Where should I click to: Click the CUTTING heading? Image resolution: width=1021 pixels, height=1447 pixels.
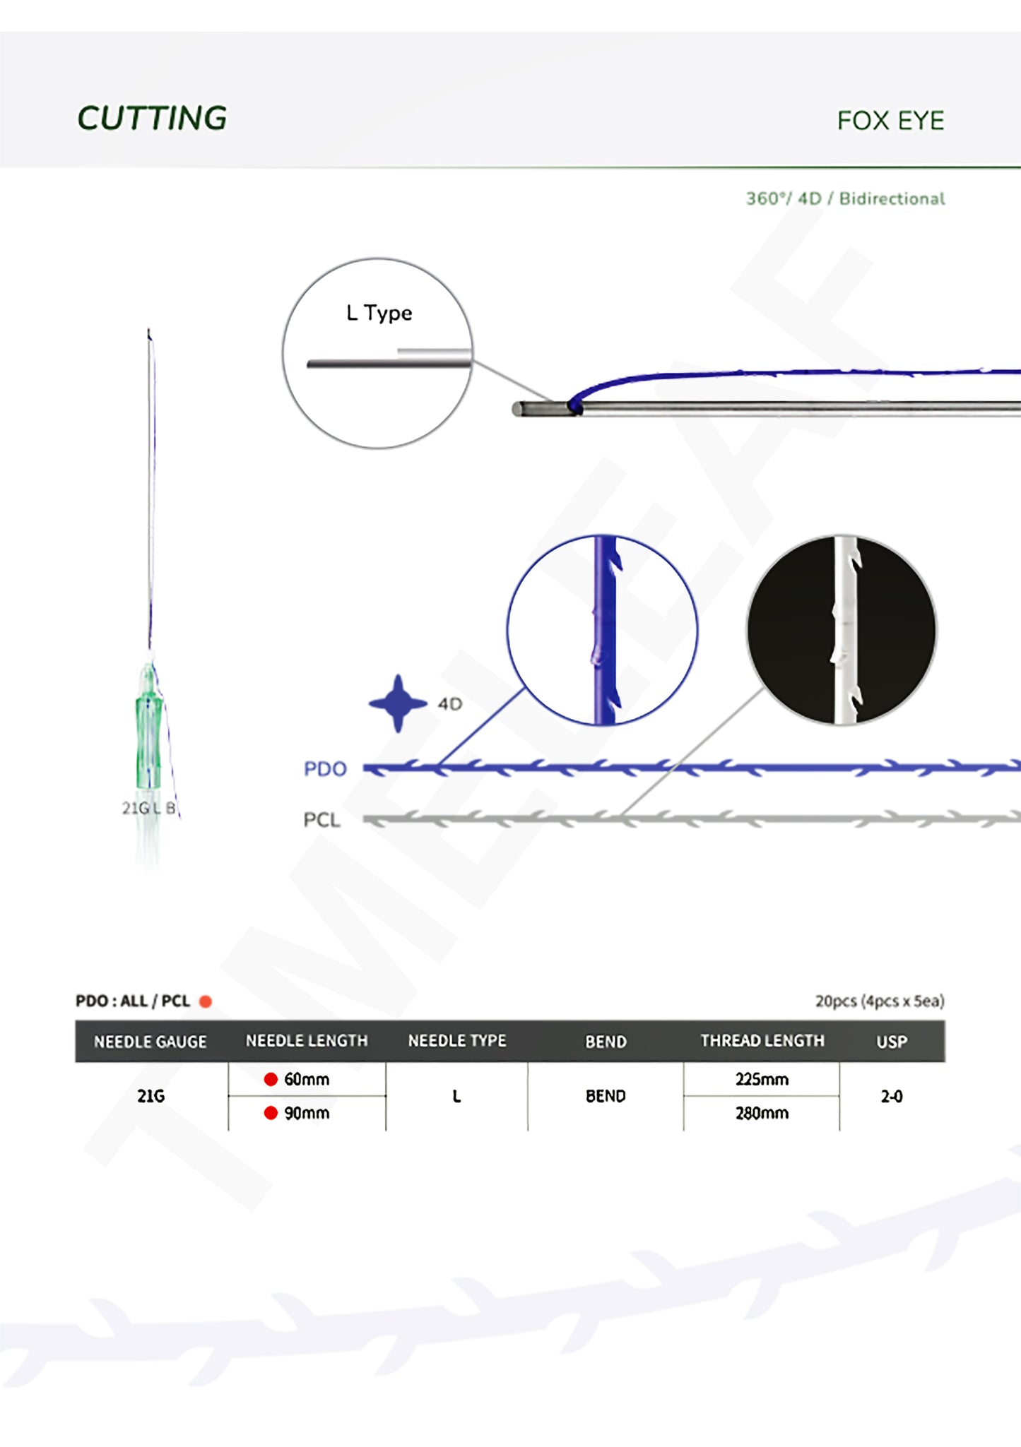tap(152, 118)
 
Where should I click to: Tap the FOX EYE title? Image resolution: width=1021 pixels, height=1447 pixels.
tap(890, 121)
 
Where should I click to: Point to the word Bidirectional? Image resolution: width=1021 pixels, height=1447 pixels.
tap(892, 198)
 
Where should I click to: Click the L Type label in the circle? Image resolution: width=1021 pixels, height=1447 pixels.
tap(379, 313)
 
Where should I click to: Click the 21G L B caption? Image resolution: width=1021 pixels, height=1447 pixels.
tap(149, 808)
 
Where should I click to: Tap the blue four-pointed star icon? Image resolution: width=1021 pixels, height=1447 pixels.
tap(398, 703)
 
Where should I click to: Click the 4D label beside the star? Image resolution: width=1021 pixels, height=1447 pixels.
tap(449, 704)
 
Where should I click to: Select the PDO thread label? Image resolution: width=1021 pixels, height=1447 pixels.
tap(325, 768)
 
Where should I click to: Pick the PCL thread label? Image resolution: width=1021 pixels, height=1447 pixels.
tap(321, 820)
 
